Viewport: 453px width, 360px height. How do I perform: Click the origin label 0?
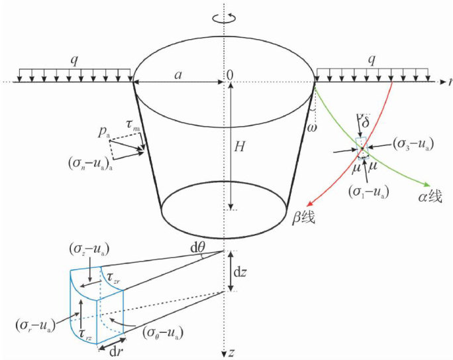point(230,75)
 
